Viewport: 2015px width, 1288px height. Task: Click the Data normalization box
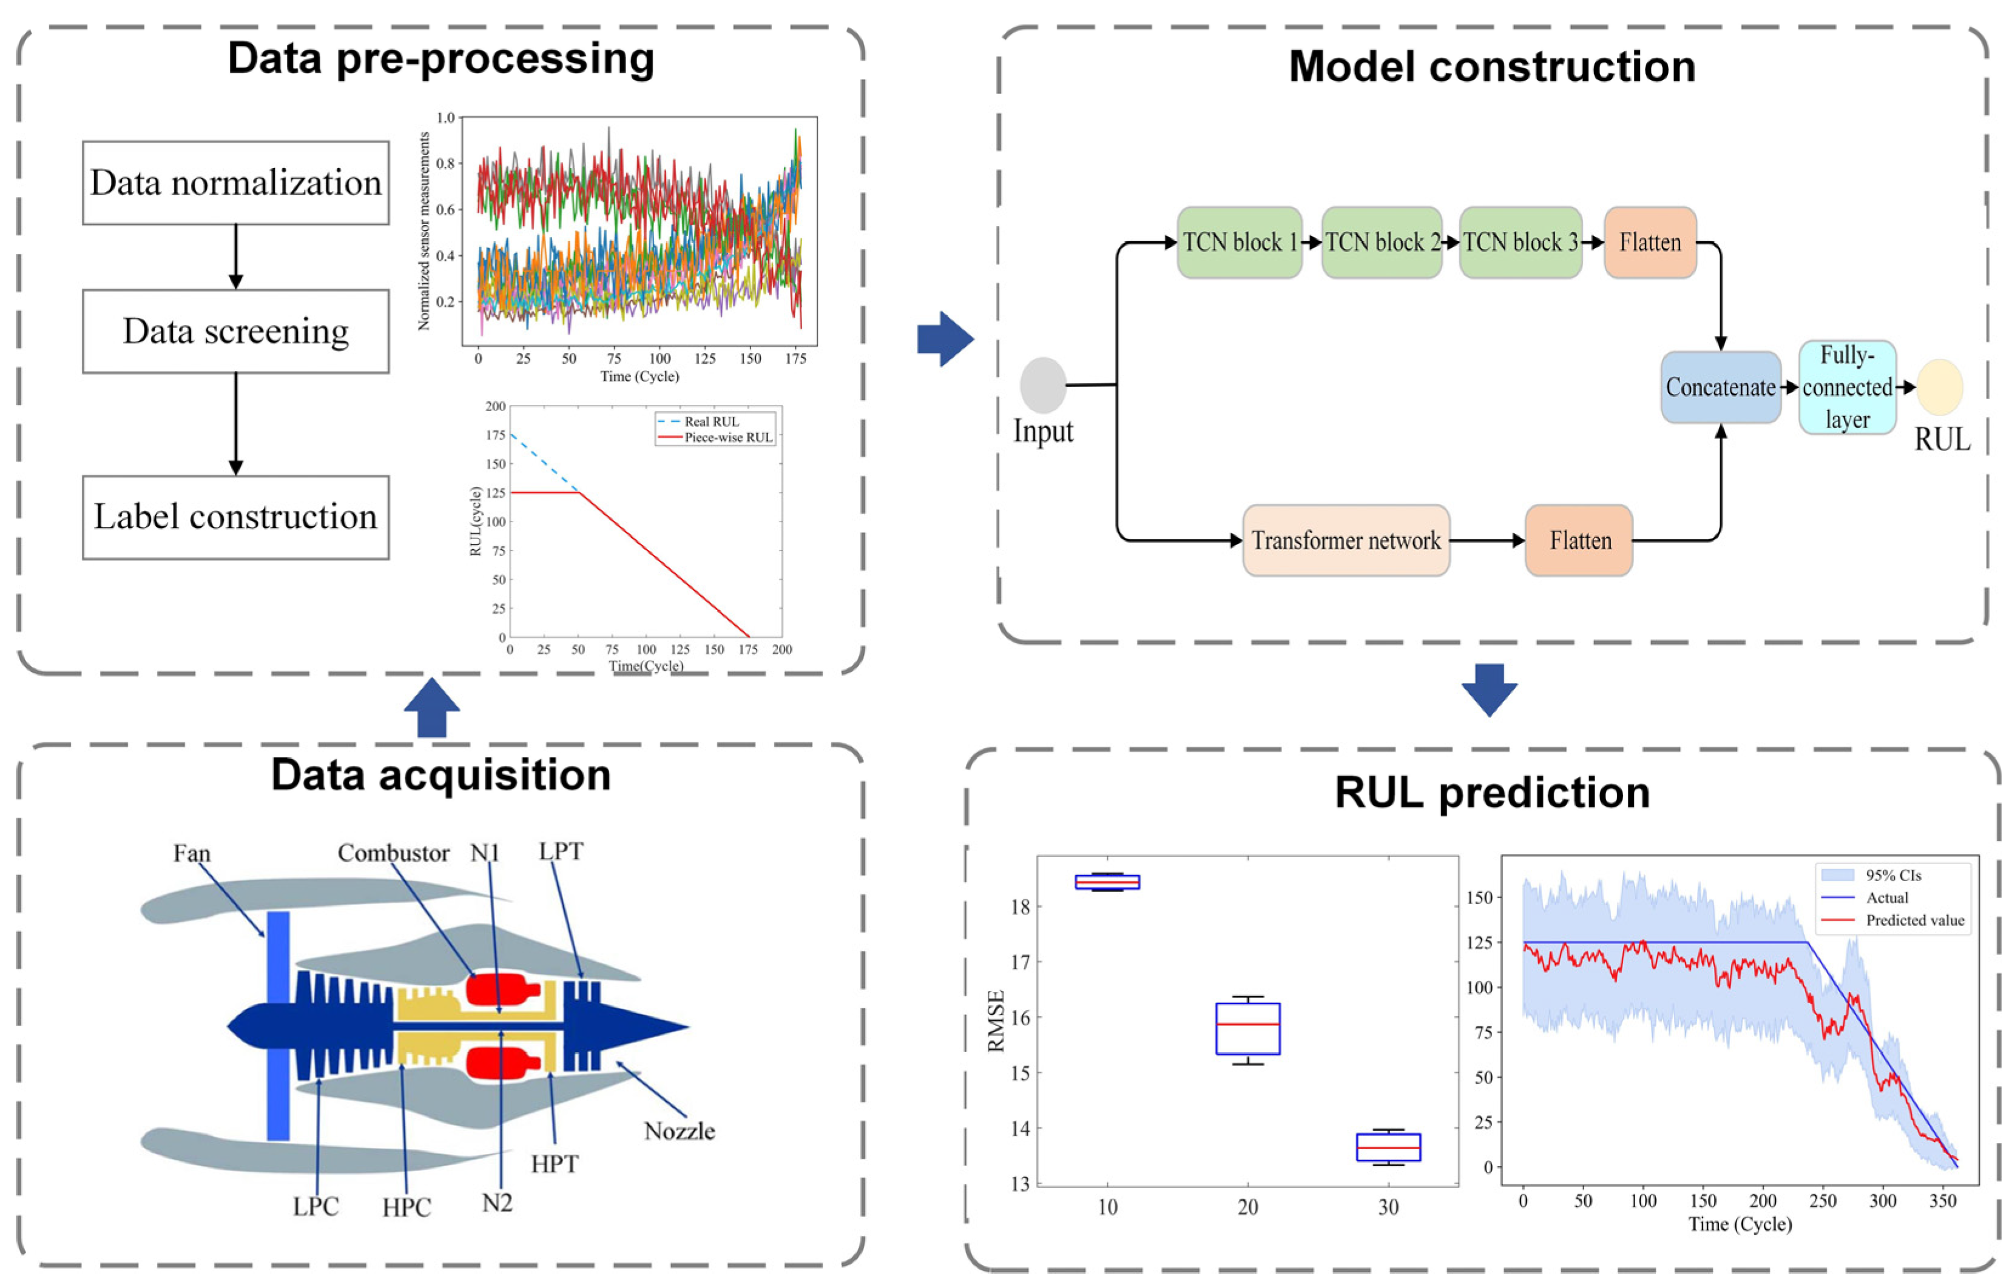tap(235, 183)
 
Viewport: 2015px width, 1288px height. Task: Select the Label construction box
tap(235, 517)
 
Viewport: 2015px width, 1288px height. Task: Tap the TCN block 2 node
tap(1382, 243)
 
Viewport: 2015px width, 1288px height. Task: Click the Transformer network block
tap(1346, 540)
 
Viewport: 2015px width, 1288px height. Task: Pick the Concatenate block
tap(1721, 387)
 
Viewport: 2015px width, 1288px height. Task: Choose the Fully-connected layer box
tap(1847, 387)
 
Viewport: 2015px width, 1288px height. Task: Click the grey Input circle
tap(1042, 384)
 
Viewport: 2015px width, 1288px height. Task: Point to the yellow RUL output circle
tap(1940, 387)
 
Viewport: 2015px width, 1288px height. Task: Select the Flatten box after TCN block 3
tap(1649, 243)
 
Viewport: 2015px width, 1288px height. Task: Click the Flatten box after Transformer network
tap(1579, 540)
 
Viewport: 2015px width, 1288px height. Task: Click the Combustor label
tap(393, 853)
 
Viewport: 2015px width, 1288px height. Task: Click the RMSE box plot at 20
tap(1247, 1028)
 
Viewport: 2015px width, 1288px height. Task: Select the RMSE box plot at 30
tap(1388, 1147)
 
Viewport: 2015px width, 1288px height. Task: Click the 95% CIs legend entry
tap(1893, 875)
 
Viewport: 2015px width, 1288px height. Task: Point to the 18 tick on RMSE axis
tap(1020, 907)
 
